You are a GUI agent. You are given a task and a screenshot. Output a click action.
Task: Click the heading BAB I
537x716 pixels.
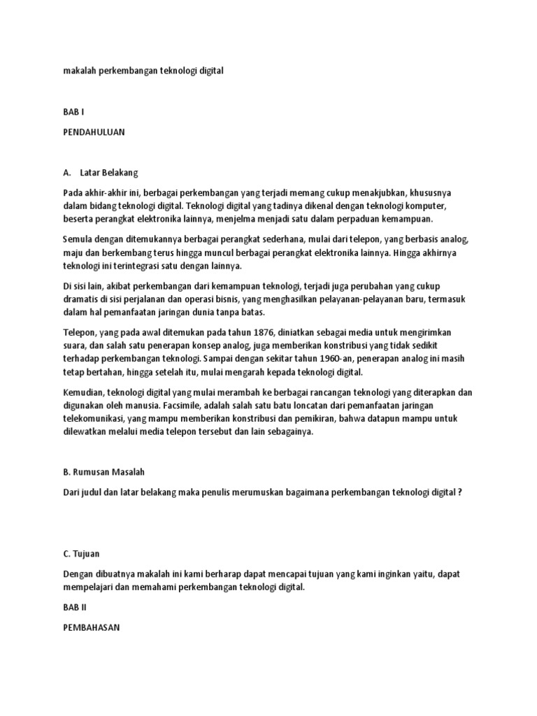[73, 111]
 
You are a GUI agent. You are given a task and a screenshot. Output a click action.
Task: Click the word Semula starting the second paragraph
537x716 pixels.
[78, 239]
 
